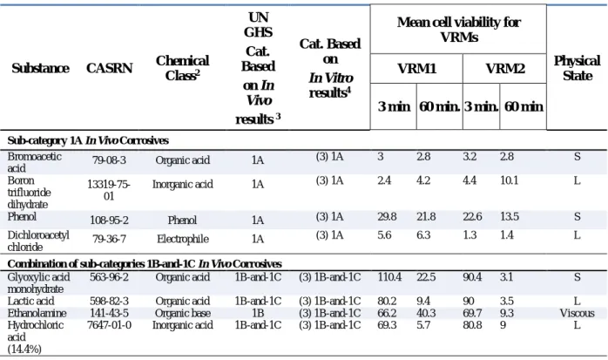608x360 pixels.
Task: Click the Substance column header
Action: [x=40, y=68]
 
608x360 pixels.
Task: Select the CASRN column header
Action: [x=110, y=68]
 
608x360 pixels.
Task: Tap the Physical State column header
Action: [x=577, y=68]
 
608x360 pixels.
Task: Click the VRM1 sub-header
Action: [x=417, y=69]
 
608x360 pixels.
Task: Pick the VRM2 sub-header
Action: [x=505, y=69]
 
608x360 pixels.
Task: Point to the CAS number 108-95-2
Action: [x=109, y=221]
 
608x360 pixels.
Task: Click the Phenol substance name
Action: [x=22, y=216]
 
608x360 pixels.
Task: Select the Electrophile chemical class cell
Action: [x=183, y=239]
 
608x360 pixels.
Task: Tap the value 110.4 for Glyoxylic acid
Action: [x=389, y=277]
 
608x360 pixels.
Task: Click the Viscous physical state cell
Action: [x=577, y=313]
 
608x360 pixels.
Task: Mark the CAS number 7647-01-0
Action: [x=109, y=325]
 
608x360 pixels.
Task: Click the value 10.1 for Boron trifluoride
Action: [x=509, y=180]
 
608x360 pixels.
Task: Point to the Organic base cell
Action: [x=183, y=313]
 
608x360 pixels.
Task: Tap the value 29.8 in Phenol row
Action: [x=387, y=216]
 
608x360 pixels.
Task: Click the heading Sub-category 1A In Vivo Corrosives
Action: [x=88, y=140]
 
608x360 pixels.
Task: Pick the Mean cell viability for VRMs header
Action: [x=459, y=30]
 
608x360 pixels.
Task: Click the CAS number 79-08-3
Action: [x=109, y=160]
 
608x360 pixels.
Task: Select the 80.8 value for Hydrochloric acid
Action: [x=472, y=325]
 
